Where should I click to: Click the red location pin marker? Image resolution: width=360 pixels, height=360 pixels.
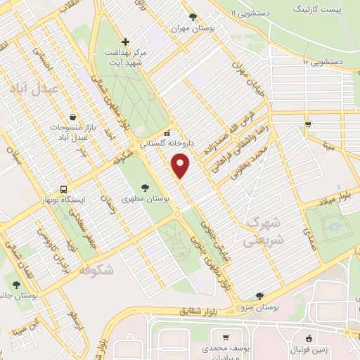point(181,166)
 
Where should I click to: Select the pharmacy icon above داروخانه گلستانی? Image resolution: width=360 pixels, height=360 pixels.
point(167,131)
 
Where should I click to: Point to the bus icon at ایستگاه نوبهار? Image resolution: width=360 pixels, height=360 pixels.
point(64,189)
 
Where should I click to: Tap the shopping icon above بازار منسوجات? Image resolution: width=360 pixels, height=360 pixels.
point(74,117)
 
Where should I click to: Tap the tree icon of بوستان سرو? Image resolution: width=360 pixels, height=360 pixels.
point(259,296)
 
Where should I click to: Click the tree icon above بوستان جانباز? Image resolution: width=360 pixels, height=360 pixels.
point(16,285)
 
